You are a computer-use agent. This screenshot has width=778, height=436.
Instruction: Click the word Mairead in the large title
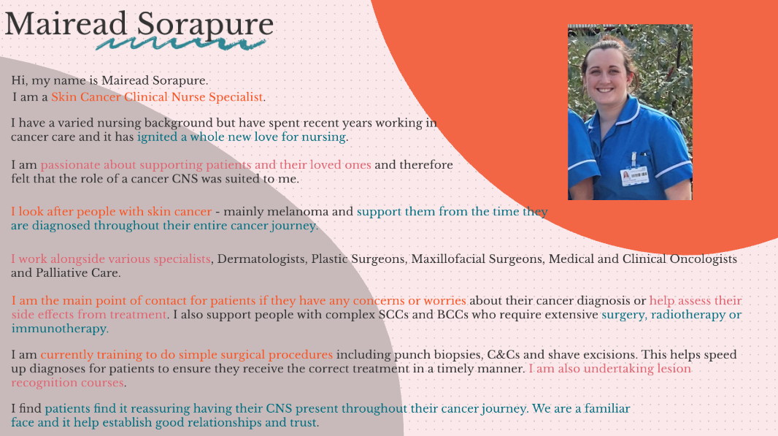(x=66, y=23)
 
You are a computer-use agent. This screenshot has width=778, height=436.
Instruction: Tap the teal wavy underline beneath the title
(x=180, y=45)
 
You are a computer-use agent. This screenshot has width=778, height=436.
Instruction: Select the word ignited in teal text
(x=157, y=137)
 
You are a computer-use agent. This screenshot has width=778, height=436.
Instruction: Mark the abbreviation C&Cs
(x=503, y=354)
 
